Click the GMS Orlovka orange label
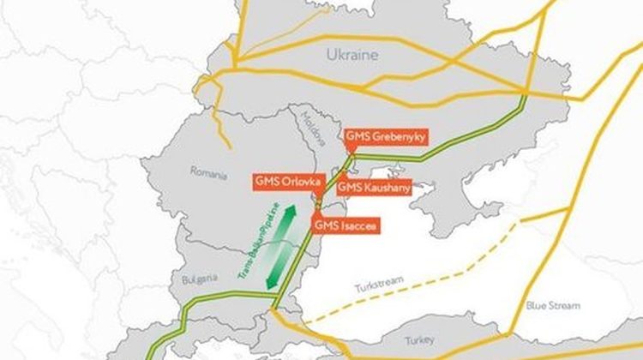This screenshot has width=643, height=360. (287, 182)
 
